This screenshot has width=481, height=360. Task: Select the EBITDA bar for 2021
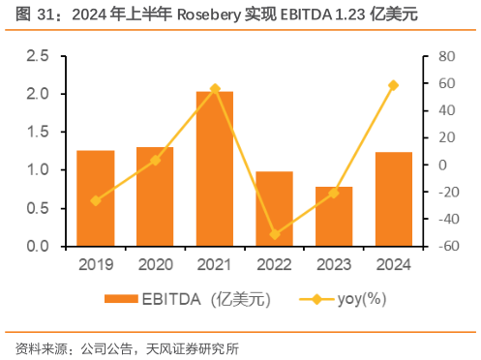coord(214,168)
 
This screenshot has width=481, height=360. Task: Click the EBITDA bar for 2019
coord(96,198)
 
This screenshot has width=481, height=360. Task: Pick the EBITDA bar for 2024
coord(393,199)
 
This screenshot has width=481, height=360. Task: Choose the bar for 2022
coord(274,209)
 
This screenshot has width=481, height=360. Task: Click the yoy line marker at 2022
coord(274,234)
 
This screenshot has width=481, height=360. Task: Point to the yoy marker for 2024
coord(393,85)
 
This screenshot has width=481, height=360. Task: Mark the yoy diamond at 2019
coord(96,200)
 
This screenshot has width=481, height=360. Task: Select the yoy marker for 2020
coord(155,160)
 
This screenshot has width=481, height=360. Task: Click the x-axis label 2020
coord(155,264)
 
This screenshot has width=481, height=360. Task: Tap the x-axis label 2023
coord(333,264)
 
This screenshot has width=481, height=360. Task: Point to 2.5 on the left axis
coord(38,56)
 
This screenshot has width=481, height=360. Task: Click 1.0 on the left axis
coord(38,170)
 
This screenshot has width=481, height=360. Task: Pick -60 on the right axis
coord(442,247)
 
